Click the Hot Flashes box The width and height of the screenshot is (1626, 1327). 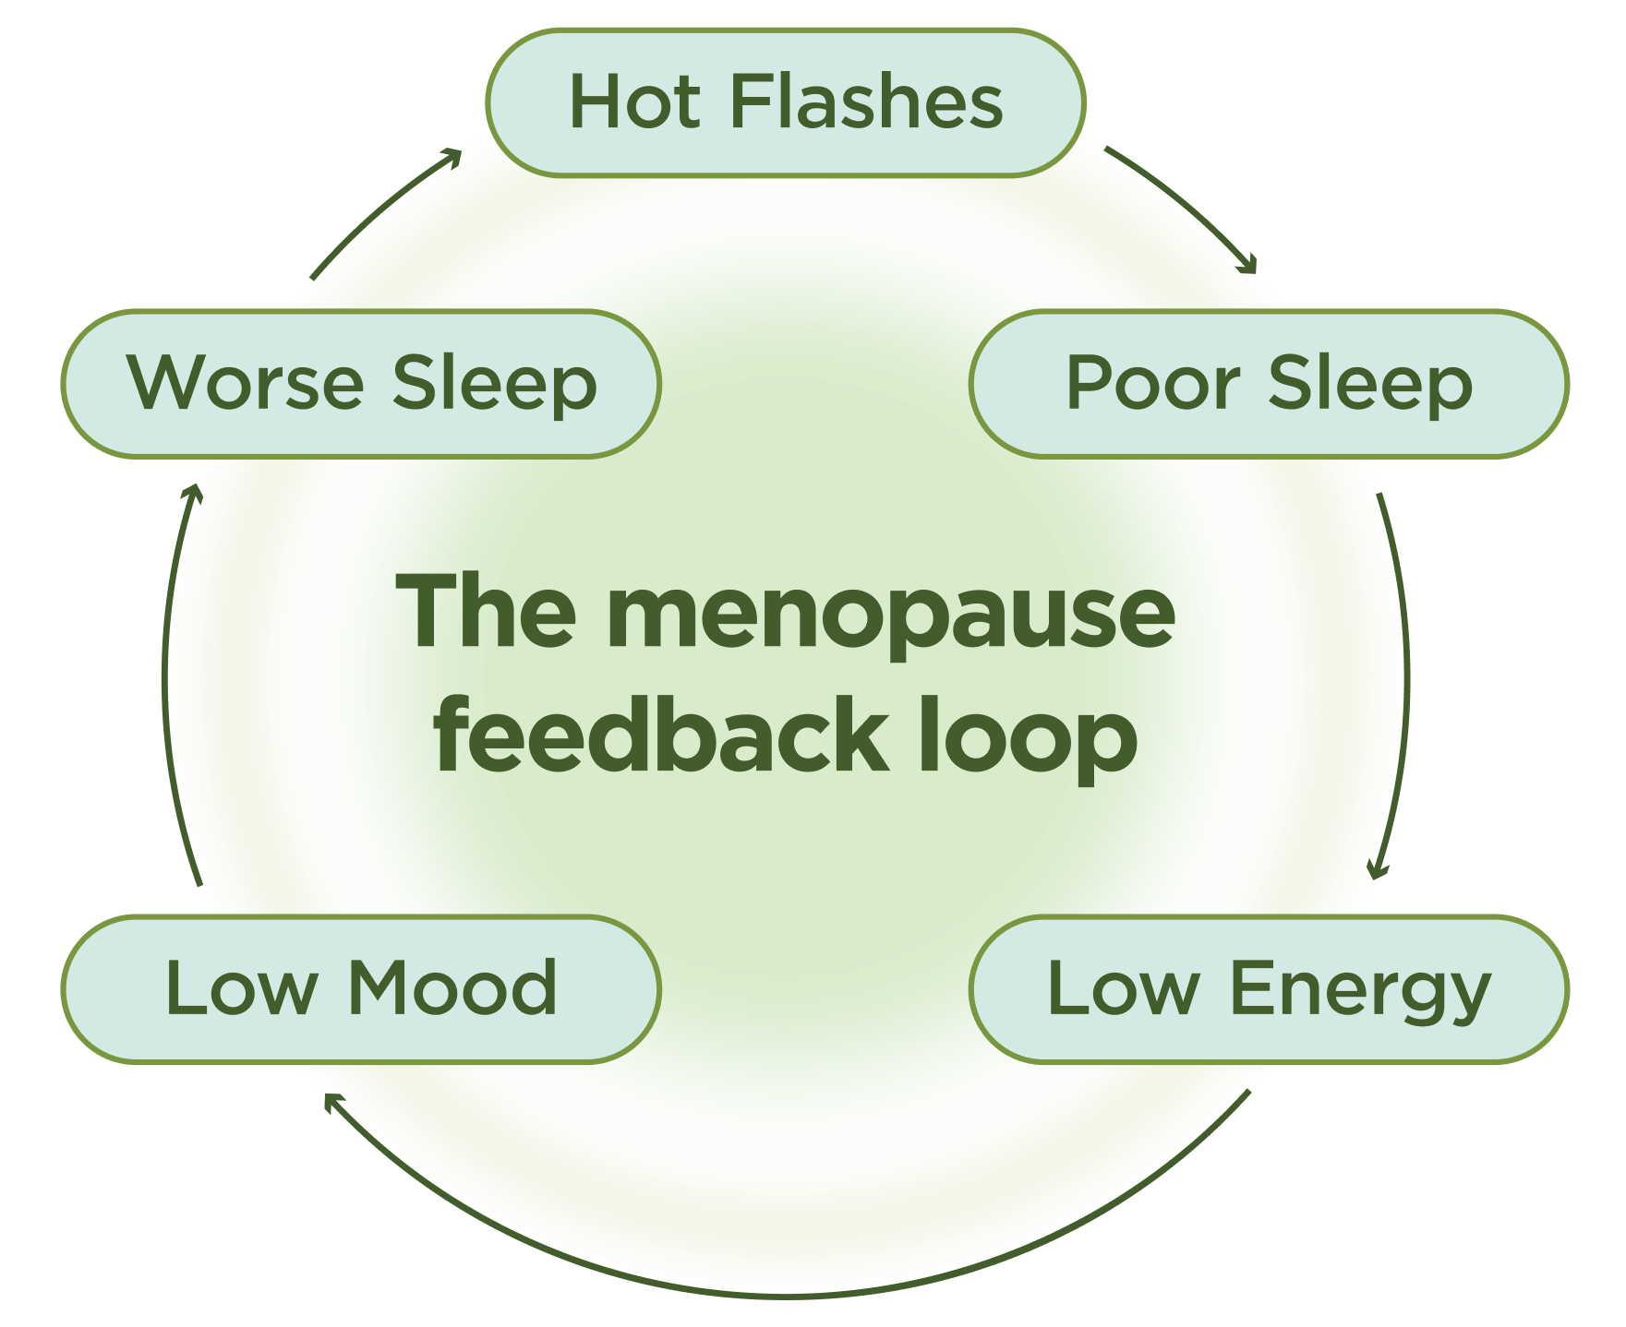pos(785,102)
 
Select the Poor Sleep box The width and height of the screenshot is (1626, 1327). pos(1269,383)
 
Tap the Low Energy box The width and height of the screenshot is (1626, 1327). pos(1269,988)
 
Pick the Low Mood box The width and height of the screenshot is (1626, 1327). pos(361,988)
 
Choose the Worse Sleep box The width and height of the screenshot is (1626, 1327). pos(361,383)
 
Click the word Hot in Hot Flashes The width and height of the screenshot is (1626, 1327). pos(634,102)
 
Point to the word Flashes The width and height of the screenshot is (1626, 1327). pos(865,102)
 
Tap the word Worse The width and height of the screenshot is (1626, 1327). pos(246,383)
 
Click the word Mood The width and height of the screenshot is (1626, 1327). pos(452,988)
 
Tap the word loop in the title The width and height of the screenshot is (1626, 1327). pos(1027,738)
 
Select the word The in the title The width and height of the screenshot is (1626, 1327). pos(487,612)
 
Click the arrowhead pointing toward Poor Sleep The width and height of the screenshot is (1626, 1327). pos(1249,267)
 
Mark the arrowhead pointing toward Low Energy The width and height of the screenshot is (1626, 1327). pos(1377,870)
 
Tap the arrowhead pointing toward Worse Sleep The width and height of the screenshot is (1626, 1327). pos(192,493)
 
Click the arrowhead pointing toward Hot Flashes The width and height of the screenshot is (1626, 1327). pos(452,158)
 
